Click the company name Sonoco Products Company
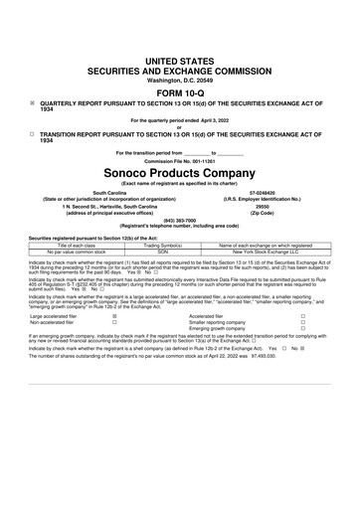tap(179, 167)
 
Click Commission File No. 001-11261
tap(179, 159)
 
